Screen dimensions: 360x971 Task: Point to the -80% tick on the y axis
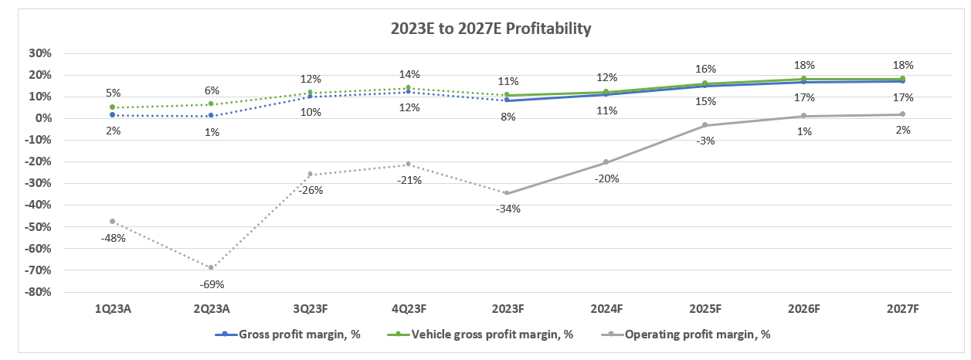coord(39,292)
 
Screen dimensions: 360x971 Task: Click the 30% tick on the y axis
coord(41,53)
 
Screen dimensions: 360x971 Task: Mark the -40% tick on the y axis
coord(39,205)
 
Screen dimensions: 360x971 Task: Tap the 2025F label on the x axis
coord(704,308)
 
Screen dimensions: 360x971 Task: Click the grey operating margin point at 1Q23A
coord(113,222)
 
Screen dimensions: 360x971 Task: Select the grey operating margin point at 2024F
coord(606,162)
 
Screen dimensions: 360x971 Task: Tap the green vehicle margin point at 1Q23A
coord(113,107)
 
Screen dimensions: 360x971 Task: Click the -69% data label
coord(212,284)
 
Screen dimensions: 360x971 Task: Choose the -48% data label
coord(113,238)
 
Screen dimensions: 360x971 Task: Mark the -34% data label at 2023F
coord(508,209)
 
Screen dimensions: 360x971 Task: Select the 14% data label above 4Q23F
coord(409,75)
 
